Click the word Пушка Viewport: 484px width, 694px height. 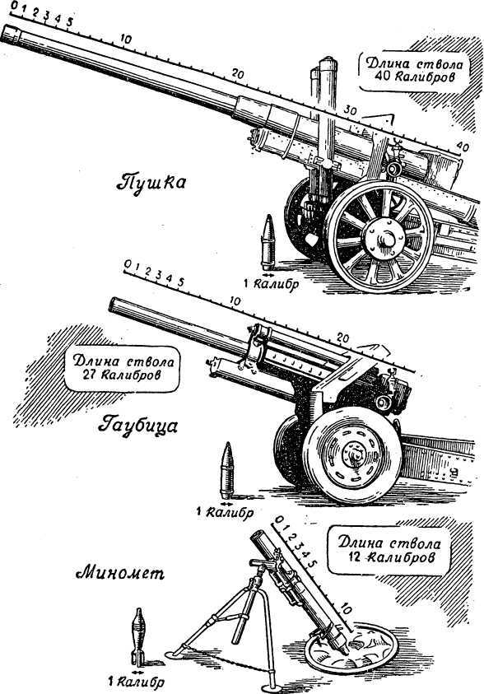(151, 181)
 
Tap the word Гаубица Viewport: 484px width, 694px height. (137, 426)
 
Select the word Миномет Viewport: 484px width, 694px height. (120, 574)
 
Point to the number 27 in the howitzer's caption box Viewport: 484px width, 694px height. (91, 375)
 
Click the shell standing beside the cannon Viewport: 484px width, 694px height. (268, 243)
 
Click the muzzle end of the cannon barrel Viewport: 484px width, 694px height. (10, 35)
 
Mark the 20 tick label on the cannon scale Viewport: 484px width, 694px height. (238, 74)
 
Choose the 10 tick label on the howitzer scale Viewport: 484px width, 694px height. (235, 301)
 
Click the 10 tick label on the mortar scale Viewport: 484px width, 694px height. (346, 609)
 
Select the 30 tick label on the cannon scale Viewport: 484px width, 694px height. (351, 110)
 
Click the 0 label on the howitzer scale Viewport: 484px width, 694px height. (128, 263)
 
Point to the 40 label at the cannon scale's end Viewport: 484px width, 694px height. (463, 146)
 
